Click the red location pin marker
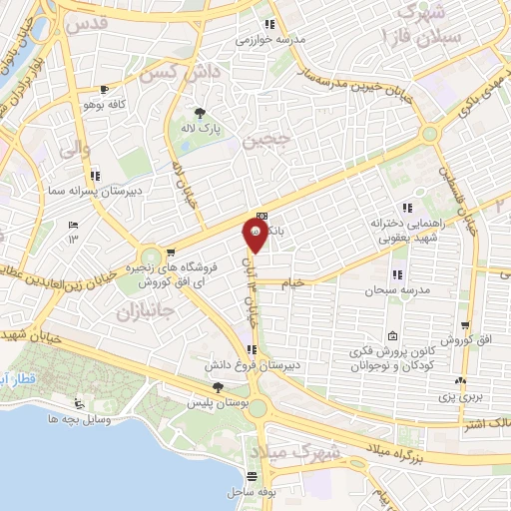tap(255, 237)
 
